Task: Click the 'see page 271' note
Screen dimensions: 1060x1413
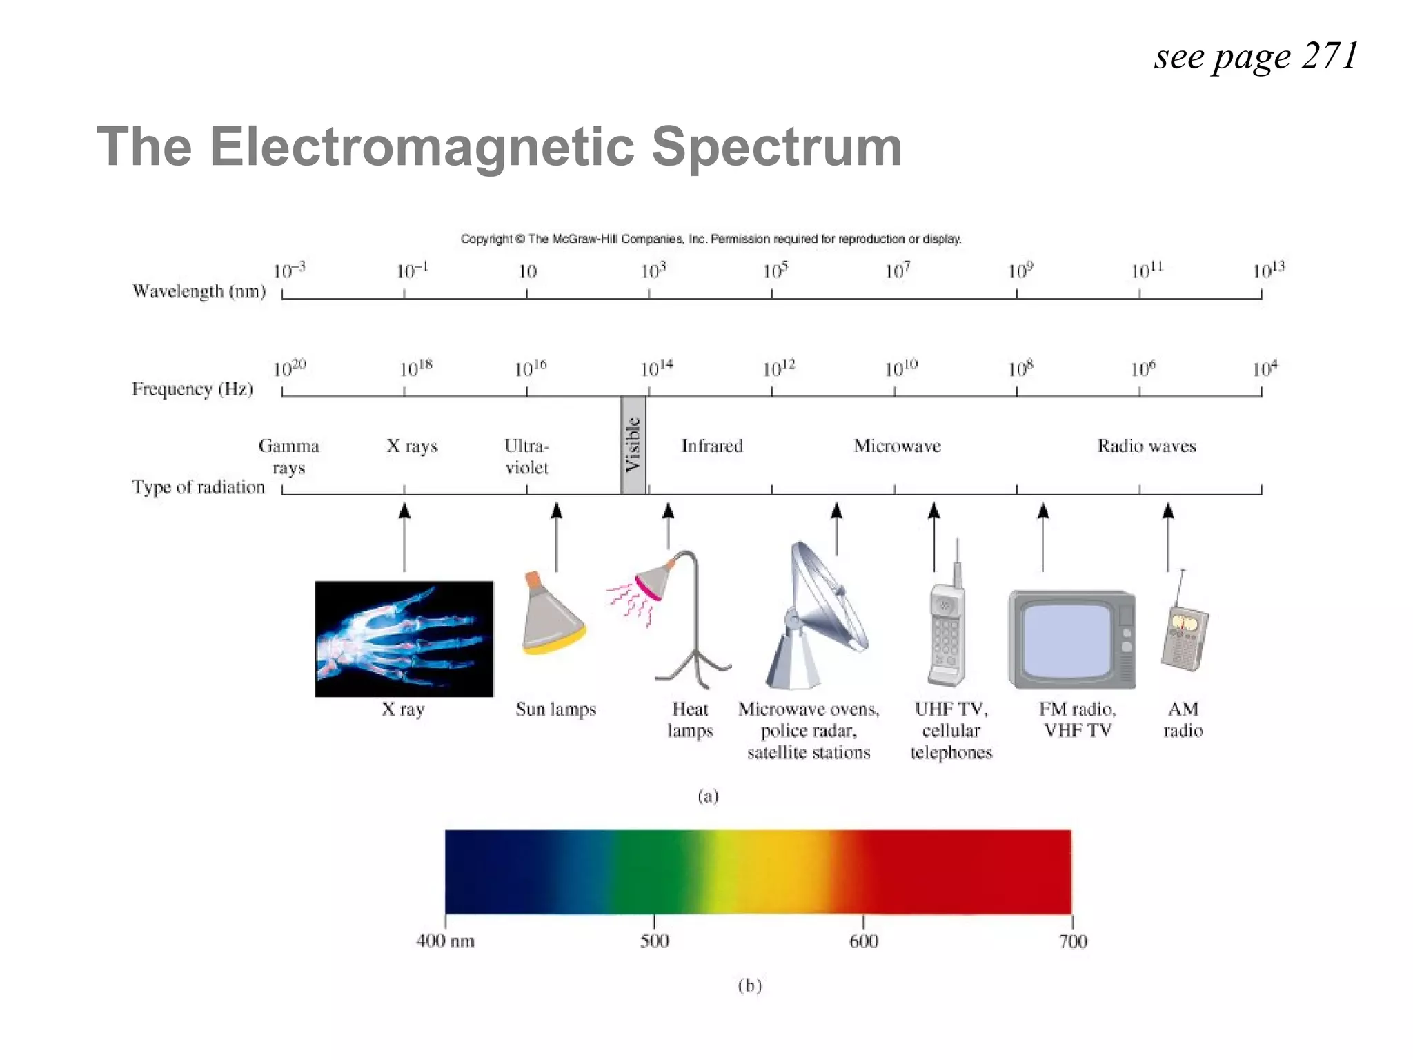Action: [x=1256, y=57]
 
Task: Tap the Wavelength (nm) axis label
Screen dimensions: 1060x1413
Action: [x=199, y=291]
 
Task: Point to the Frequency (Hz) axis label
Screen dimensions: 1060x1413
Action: [x=192, y=389]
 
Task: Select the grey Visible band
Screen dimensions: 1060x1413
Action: [x=633, y=445]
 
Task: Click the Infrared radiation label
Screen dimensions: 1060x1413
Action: [x=712, y=446]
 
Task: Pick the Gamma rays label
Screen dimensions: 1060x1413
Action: [x=288, y=456]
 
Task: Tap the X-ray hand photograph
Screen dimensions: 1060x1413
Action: [x=404, y=639]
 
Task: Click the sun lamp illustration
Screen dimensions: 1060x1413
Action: [x=553, y=614]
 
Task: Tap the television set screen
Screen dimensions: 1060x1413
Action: [x=1067, y=639]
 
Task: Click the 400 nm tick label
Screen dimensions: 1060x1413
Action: [x=445, y=941]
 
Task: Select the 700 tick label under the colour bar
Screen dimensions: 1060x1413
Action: [x=1073, y=941]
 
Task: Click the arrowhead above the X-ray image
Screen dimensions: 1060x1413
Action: [x=404, y=511]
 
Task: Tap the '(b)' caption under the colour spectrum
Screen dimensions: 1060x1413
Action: [x=749, y=985]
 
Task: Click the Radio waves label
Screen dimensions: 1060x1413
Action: [x=1147, y=446]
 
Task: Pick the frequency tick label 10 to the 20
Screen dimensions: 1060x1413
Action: [x=289, y=369]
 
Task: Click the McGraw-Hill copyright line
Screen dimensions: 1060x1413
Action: [x=711, y=239]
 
